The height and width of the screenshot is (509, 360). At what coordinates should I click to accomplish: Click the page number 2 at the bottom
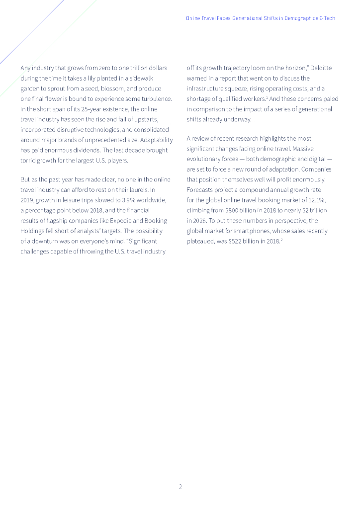click(180, 486)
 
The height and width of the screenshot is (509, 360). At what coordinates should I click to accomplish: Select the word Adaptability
click(157, 140)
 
